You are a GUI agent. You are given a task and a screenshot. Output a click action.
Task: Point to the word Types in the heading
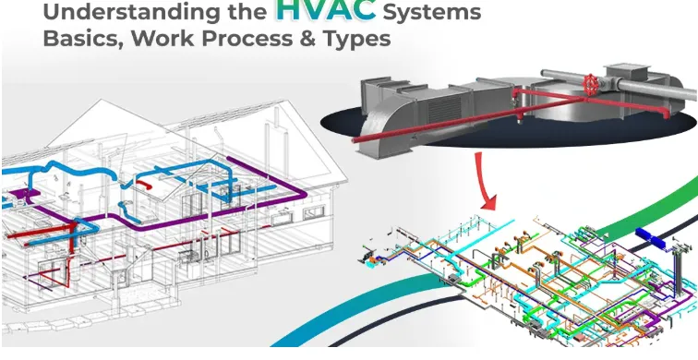(355, 41)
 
